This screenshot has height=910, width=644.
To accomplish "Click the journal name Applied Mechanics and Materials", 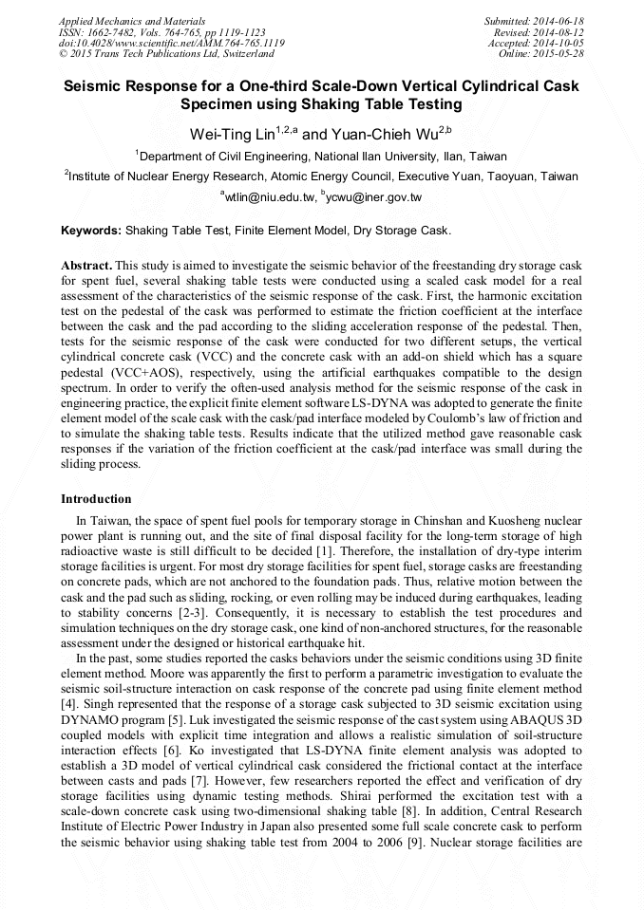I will coord(132,20).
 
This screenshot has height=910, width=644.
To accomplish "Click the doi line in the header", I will coord(171,43).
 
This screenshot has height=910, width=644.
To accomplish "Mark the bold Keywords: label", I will coord(91,231).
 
